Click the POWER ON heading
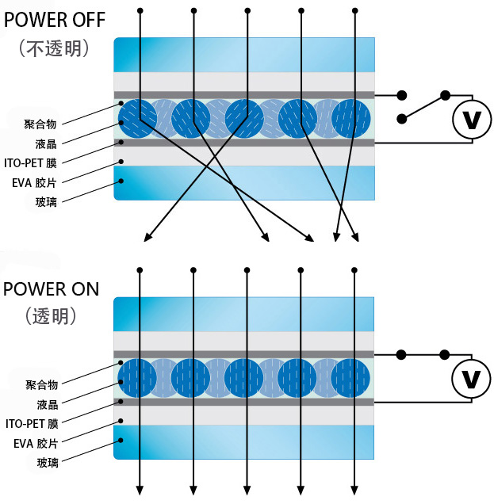click(x=52, y=288)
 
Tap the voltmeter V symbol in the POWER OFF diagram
click(x=471, y=120)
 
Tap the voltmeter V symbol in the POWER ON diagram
click(x=471, y=380)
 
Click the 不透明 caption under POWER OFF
click(x=53, y=48)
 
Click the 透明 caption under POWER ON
click(x=51, y=315)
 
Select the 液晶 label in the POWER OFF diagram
click(x=47, y=143)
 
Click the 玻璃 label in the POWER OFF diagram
click(x=47, y=201)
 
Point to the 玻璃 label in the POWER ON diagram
click(x=47, y=462)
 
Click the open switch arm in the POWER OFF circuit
click(x=423, y=107)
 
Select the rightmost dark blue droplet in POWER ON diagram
click(x=350, y=378)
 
